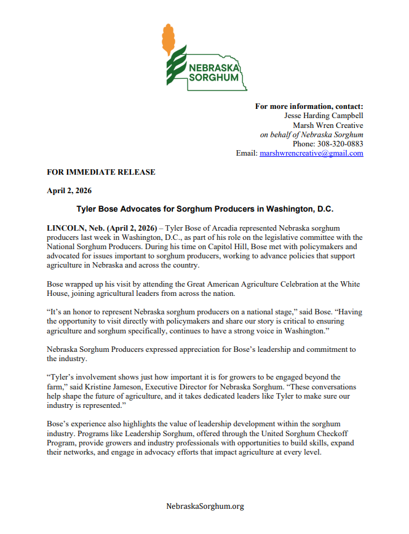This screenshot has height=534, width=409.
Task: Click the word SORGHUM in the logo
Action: tap(213, 78)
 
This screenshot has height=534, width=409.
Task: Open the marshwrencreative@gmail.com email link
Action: tap(311, 153)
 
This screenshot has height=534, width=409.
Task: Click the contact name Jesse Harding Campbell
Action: tap(324, 116)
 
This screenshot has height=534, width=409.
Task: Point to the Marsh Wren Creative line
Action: tap(328, 125)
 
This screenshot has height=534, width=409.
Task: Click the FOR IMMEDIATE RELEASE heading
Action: tap(101, 172)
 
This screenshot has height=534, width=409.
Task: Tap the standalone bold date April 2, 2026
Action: tap(69, 191)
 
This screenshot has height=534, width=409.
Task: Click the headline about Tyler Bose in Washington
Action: tap(204, 209)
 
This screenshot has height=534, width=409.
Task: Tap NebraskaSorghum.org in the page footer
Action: tap(205, 506)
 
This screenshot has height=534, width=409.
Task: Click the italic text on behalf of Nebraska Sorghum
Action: tap(311, 134)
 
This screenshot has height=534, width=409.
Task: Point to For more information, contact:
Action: tap(309, 106)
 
